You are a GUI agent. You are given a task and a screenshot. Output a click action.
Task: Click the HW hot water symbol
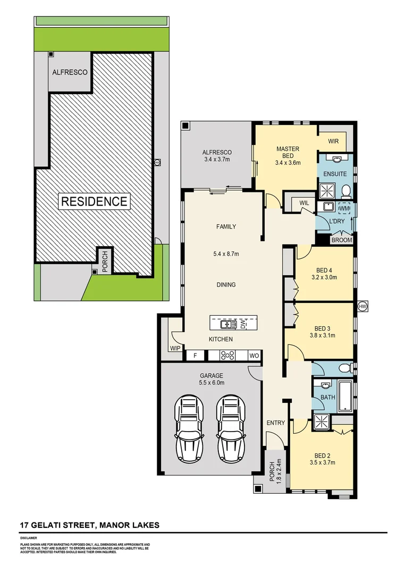(363, 307)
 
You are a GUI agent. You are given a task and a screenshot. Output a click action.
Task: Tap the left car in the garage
(190, 429)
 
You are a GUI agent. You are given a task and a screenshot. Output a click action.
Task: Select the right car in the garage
(231, 429)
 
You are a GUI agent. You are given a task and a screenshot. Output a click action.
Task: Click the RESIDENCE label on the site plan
(94, 201)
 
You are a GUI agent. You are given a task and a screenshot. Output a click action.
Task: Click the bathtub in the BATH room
(345, 395)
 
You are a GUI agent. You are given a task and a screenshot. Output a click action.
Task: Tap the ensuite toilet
(345, 190)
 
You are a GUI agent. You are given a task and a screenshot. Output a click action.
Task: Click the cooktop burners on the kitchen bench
(229, 355)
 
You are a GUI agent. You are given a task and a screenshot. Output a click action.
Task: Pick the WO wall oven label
(253, 355)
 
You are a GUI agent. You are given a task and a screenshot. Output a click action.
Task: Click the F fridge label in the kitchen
(196, 355)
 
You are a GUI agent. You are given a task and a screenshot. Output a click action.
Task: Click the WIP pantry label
(175, 349)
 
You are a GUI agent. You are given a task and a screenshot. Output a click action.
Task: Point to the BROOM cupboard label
(341, 240)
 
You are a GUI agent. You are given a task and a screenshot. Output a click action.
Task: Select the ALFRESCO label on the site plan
(70, 72)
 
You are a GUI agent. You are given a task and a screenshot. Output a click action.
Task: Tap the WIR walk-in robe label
(333, 141)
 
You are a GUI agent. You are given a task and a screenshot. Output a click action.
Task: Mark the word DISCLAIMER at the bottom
(29, 538)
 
